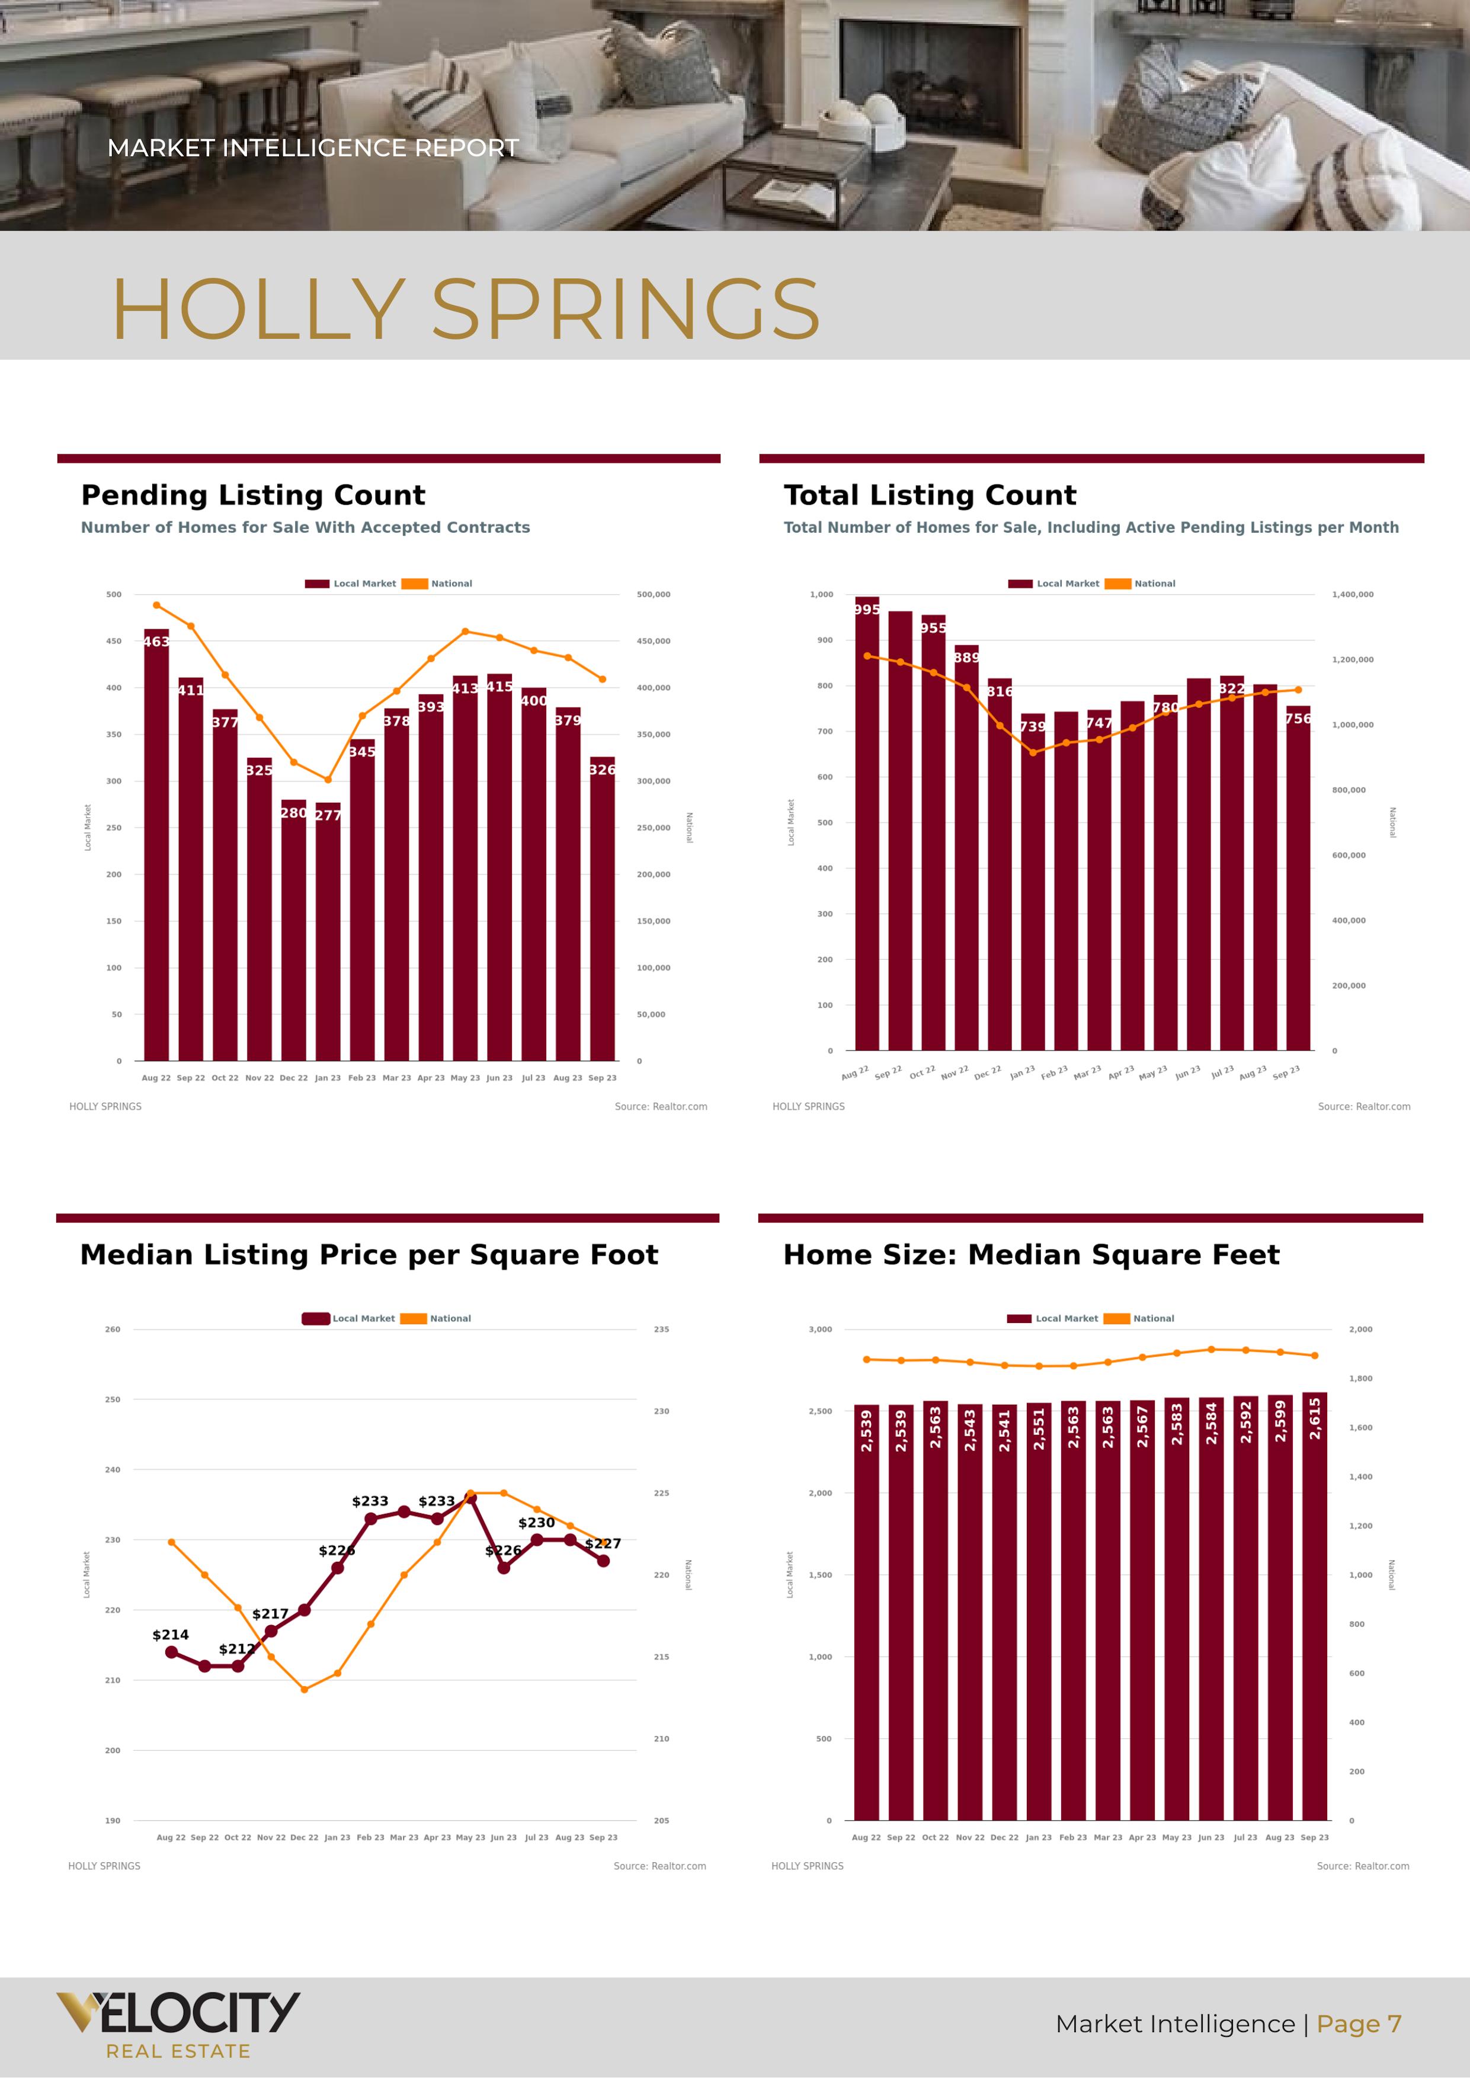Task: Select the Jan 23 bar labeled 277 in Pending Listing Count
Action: (328, 933)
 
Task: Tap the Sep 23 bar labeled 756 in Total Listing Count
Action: (1298, 878)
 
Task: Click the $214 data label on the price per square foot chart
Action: (170, 1635)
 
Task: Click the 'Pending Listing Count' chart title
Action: (252, 495)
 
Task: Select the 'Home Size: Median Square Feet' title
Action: (1031, 1255)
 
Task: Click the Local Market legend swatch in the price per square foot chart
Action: (315, 1318)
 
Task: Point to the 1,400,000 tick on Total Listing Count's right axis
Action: (1352, 595)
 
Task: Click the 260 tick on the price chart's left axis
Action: (113, 1330)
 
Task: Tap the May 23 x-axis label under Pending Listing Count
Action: (465, 1078)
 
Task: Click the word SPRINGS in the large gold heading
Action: (625, 310)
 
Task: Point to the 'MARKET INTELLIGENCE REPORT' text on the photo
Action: (312, 148)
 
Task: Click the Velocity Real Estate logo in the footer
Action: (178, 2024)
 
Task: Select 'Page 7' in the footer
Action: (1359, 2024)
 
